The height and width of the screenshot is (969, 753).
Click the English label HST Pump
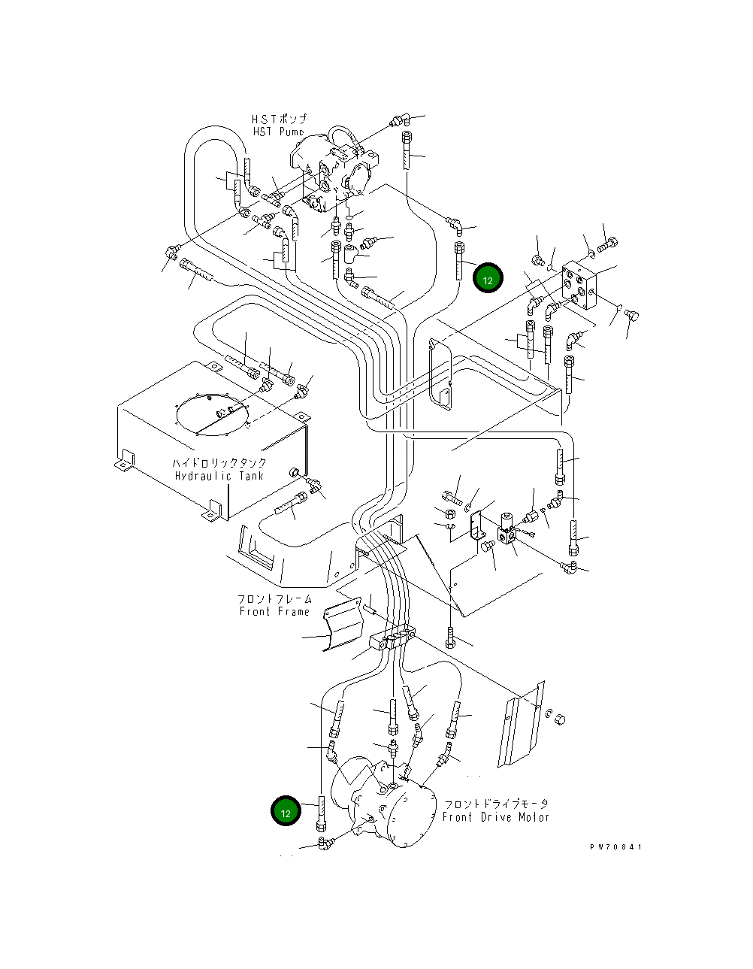point(279,132)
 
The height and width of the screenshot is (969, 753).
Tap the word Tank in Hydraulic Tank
point(251,476)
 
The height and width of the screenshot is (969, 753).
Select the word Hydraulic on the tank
point(203,476)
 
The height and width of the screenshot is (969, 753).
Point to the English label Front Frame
point(274,611)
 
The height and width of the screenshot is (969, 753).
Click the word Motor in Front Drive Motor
point(534,817)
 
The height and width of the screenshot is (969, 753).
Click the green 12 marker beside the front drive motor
point(286,810)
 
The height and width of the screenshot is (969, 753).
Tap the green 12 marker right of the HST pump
point(488,278)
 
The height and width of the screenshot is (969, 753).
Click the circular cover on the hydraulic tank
point(212,414)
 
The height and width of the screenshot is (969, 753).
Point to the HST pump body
point(334,174)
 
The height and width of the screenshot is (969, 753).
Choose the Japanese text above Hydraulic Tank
point(219,462)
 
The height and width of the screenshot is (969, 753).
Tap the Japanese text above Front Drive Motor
point(497,804)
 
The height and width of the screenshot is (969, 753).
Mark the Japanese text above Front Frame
point(274,598)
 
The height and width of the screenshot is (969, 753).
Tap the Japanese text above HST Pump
point(280,119)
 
